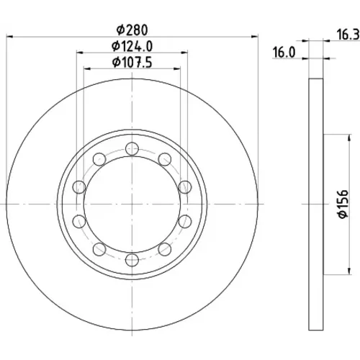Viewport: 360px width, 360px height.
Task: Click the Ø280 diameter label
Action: click(132, 30)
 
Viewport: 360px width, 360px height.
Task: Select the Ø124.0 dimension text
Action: click(132, 46)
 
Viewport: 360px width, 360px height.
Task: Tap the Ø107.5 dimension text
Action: click(132, 63)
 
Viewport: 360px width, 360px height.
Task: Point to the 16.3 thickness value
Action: click(348, 35)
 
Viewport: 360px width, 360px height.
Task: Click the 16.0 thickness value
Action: click(284, 53)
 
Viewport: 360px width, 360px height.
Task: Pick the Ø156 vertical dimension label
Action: click(343, 204)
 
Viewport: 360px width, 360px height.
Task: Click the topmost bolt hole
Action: click(132, 148)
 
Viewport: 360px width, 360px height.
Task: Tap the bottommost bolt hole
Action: click(132, 259)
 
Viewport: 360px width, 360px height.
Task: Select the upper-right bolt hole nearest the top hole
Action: click(165, 159)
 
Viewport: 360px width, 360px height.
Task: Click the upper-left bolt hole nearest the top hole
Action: click(99, 159)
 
